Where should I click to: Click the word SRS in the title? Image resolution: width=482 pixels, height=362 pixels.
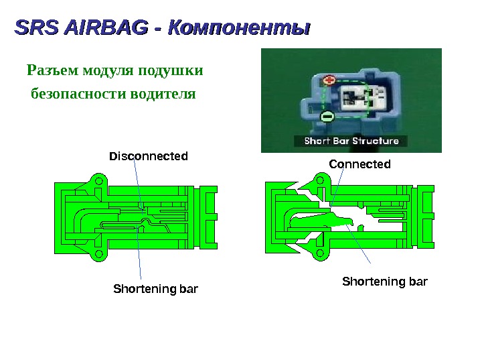35,28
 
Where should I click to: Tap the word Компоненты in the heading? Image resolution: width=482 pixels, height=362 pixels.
240,29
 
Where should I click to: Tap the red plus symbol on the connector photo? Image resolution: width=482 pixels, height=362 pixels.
328,80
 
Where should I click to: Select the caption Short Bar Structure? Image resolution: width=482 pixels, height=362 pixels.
351,141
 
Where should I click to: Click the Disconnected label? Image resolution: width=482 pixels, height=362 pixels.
149,156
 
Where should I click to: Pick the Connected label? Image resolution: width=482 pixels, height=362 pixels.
359,164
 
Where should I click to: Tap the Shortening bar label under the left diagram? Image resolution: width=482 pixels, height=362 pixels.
156,290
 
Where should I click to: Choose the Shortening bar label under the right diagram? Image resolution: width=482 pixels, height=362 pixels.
384,280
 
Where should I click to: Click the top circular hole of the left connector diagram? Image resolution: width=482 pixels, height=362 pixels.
98,181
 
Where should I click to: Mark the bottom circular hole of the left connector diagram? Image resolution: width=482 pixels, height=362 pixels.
98,255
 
